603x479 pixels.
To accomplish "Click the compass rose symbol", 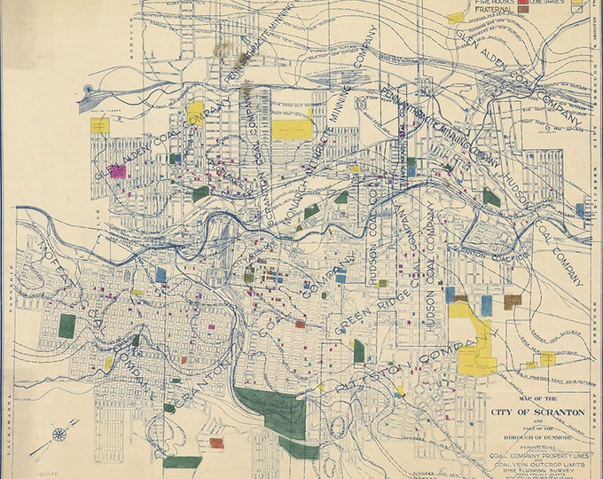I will (x=59, y=434).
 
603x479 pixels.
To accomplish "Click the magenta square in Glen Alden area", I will (x=117, y=171).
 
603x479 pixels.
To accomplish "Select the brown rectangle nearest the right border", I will (x=512, y=302).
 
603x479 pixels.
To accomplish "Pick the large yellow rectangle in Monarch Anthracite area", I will (x=292, y=129).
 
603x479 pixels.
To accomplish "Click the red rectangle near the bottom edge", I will (x=216, y=442).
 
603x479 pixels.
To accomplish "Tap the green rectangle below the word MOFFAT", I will (x=67, y=326).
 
